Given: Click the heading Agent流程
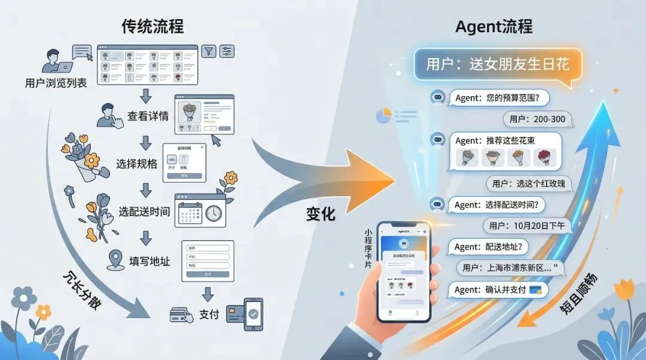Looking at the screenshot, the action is pos(493,26).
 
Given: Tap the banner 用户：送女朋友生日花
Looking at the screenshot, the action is pos(499,64).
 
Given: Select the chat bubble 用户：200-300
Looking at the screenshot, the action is pos(537,119).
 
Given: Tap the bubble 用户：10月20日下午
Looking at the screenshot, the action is pos(527,225).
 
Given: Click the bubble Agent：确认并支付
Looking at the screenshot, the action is pos(497,290).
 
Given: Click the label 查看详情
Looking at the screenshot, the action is pos(148,115).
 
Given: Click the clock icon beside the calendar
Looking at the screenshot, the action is pos(214,213).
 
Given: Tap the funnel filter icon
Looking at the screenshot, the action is pos(208,51).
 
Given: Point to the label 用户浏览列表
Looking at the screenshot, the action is pos(56,83).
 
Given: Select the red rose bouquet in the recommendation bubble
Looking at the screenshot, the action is pos(544,158).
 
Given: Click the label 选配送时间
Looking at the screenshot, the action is pos(144,212).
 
